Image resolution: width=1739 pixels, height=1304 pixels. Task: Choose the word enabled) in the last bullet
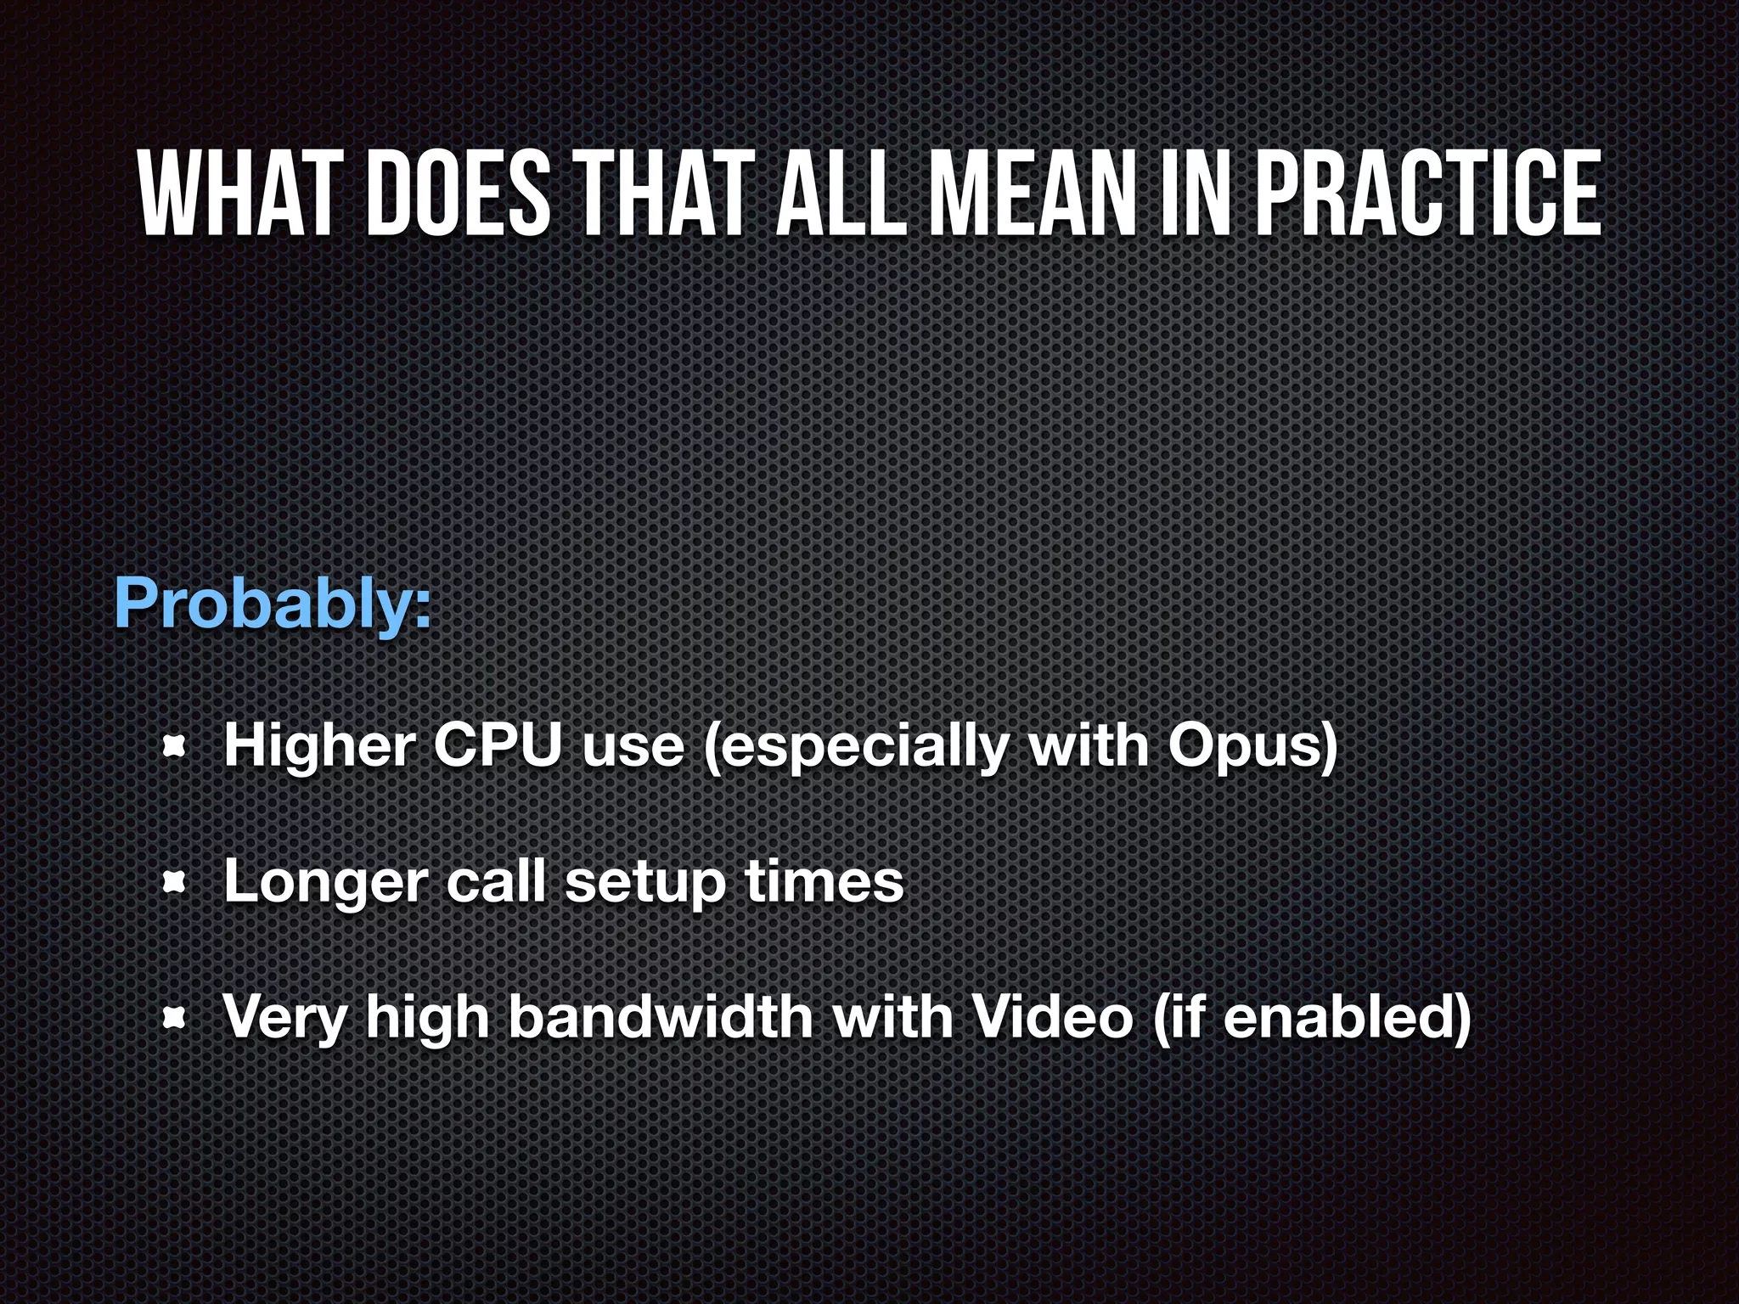pos(1346,1018)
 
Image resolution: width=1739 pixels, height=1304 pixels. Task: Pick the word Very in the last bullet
pos(284,1018)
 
